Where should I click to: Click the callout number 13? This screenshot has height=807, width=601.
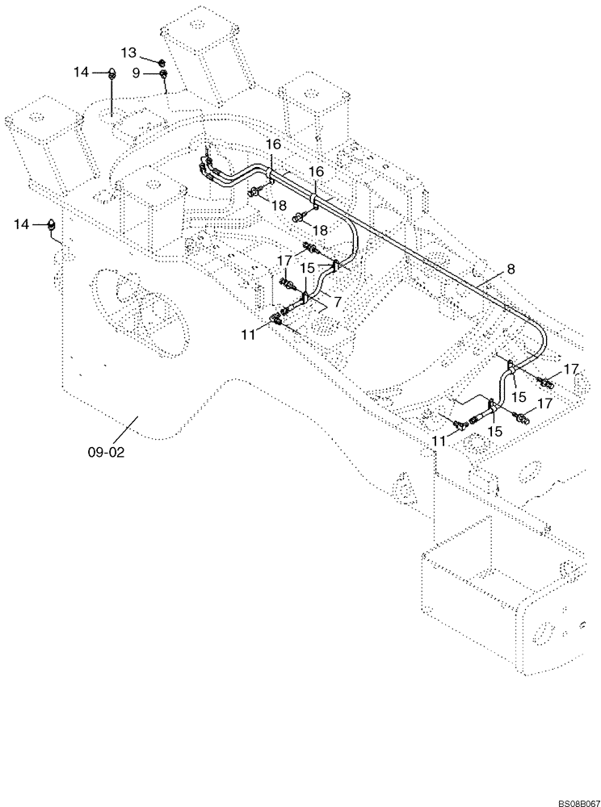(x=129, y=52)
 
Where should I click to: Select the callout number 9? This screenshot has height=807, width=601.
(x=136, y=73)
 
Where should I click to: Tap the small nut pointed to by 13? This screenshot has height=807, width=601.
(x=162, y=61)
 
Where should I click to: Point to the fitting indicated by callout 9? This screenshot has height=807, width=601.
(x=163, y=75)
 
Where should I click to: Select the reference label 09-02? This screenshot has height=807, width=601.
(x=107, y=453)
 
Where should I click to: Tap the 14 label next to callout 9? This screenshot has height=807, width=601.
(x=81, y=73)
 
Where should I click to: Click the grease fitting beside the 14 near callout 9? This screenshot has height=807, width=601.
(x=111, y=75)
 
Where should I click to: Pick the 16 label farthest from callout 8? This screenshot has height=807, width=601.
(x=274, y=144)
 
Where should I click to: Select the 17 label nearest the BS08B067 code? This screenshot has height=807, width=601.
(x=546, y=402)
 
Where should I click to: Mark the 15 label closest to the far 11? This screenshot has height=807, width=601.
(x=495, y=432)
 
